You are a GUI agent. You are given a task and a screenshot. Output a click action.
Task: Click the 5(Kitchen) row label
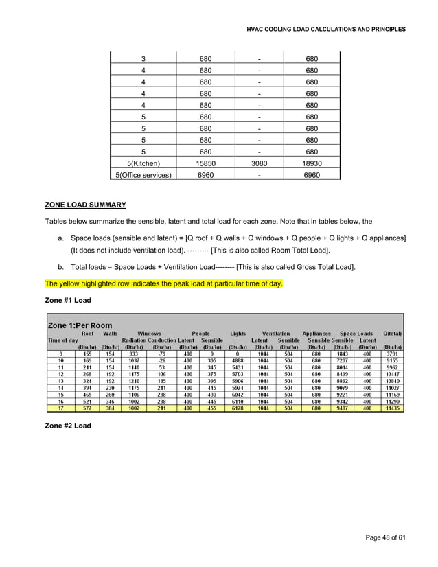click(143, 163)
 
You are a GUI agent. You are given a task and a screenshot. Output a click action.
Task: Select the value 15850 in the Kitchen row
click(205, 163)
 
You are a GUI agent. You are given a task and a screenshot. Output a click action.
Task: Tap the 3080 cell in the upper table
click(259, 163)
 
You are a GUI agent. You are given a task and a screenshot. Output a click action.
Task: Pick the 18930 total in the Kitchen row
click(312, 163)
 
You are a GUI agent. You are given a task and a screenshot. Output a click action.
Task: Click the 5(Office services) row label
click(143, 175)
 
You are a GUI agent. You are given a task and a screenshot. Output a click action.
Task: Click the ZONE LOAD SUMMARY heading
click(85, 205)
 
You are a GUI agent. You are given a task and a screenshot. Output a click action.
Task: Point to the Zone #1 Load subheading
click(68, 300)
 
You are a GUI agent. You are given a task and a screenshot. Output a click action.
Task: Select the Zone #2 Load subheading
click(68, 426)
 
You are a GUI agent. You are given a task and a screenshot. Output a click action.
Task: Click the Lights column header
click(238, 333)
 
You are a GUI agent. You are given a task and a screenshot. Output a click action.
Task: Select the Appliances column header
click(316, 333)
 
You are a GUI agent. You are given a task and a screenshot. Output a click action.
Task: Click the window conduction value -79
click(162, 354)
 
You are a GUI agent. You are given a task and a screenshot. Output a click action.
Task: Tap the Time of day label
click(62, 340)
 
